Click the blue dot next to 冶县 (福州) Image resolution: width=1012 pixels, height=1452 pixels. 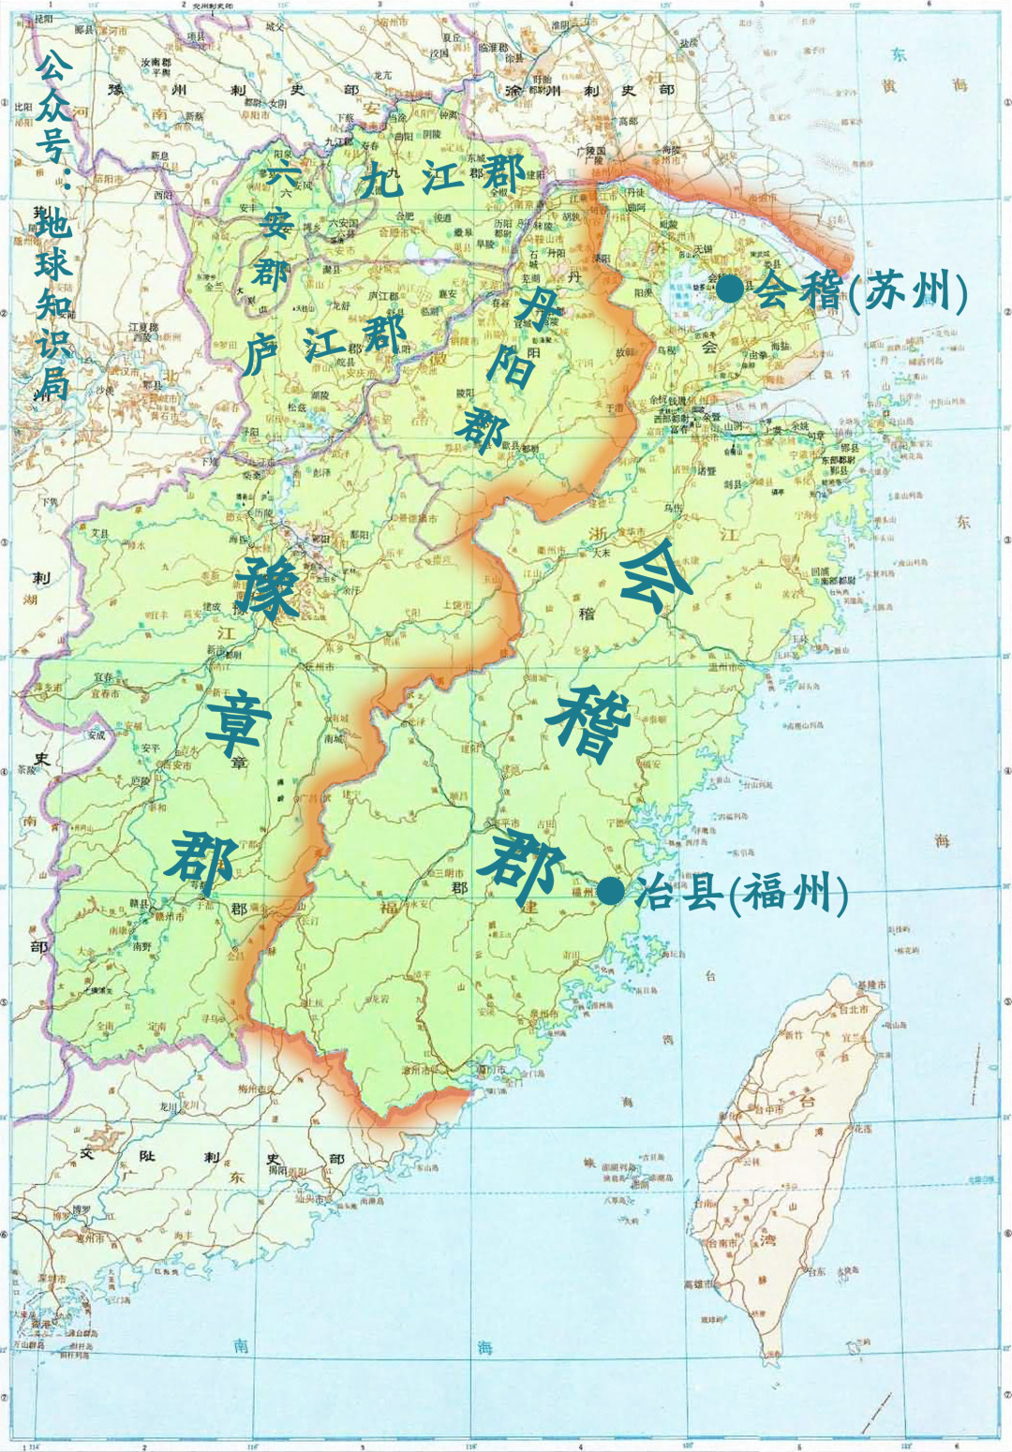610,891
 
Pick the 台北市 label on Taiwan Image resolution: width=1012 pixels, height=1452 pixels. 852,1009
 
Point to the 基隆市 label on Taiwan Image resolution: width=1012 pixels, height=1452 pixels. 871,985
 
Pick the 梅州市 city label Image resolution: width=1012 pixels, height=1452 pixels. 252,1089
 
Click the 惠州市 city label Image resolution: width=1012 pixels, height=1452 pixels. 90,1237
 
